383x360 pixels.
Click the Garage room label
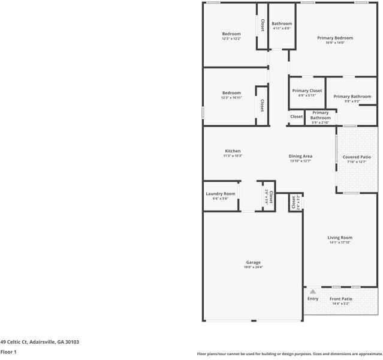253,262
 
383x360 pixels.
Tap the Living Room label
339,238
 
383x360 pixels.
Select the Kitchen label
233,151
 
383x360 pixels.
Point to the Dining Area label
301,156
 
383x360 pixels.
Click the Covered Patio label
357,157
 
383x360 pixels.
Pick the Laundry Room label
221,194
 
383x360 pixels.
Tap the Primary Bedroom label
334,38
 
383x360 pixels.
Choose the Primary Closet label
307,91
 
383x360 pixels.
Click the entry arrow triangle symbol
312,292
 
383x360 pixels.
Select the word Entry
313,299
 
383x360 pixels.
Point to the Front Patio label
341,299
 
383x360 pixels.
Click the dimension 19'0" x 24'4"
253,267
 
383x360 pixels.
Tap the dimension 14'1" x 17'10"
339,243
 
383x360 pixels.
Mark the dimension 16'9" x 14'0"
334,43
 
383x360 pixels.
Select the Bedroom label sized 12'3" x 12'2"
231,34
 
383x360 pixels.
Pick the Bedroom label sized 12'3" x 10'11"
231,93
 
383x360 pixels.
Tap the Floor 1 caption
8,352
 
